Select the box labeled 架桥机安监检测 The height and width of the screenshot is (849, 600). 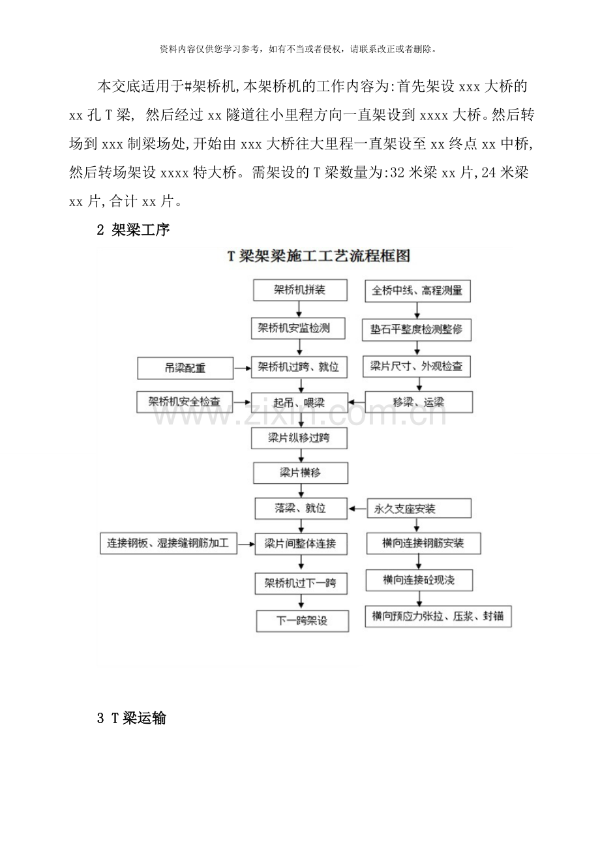299,328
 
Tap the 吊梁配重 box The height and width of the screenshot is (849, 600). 185,368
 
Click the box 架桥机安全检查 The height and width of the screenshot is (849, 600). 185,402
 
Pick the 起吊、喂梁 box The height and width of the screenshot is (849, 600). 299,402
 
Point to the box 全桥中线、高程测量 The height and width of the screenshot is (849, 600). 417,291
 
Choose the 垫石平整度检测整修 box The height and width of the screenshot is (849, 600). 417,329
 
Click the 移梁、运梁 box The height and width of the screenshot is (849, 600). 418,402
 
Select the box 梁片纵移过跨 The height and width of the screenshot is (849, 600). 299,438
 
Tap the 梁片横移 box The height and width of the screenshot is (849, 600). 299,472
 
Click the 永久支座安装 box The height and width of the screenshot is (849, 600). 418,508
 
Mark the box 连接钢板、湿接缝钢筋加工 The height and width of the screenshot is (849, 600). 168,543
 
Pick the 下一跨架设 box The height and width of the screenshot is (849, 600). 301,620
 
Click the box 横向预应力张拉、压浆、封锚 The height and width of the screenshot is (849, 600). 438,617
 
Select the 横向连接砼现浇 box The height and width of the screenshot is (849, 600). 418,579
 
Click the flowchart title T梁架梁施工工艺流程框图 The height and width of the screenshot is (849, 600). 318,256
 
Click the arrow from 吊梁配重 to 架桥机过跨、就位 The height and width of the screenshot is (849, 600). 242,369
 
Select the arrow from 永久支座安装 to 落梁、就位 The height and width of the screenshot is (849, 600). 357,508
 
